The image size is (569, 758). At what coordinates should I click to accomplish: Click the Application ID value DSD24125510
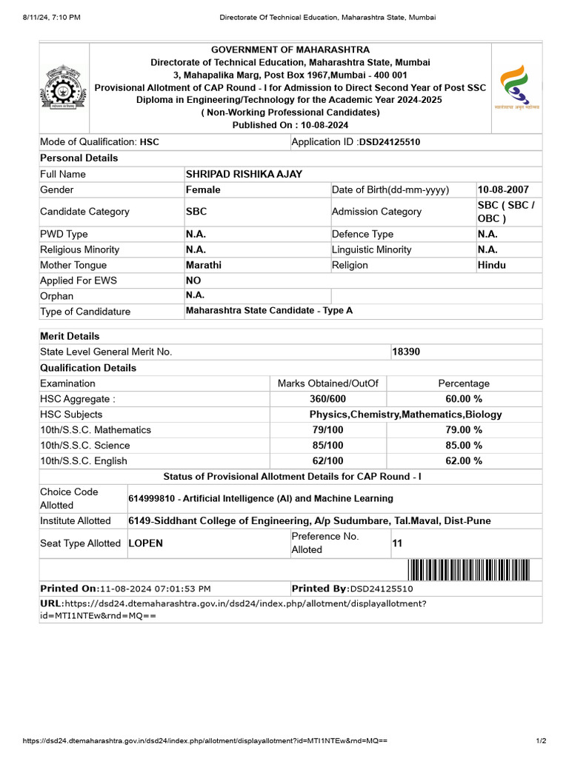click(390, 141)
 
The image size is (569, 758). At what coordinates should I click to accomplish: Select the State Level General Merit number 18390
click(406, 352)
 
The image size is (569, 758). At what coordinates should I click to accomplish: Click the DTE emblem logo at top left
click(64, 87)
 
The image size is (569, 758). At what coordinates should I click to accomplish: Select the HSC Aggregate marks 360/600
click(327, 399)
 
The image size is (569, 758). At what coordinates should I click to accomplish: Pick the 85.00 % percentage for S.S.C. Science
click(464, 445)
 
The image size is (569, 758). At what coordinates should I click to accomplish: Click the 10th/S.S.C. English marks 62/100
click(327, 460)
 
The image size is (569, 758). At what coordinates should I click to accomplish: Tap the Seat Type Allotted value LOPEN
click(146, 543)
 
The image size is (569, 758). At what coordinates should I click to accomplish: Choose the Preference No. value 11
click(397, 543)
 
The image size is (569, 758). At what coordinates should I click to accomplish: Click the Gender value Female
click(203, 189)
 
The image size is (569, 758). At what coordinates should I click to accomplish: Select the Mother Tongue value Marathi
click(204, 265)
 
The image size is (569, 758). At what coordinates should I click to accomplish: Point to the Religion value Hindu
click(492, 265)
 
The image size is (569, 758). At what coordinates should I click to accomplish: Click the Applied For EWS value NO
click(193, 281)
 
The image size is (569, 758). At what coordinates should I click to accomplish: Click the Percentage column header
click(464, 383)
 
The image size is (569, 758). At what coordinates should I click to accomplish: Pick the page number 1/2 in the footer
click(541, 741)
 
